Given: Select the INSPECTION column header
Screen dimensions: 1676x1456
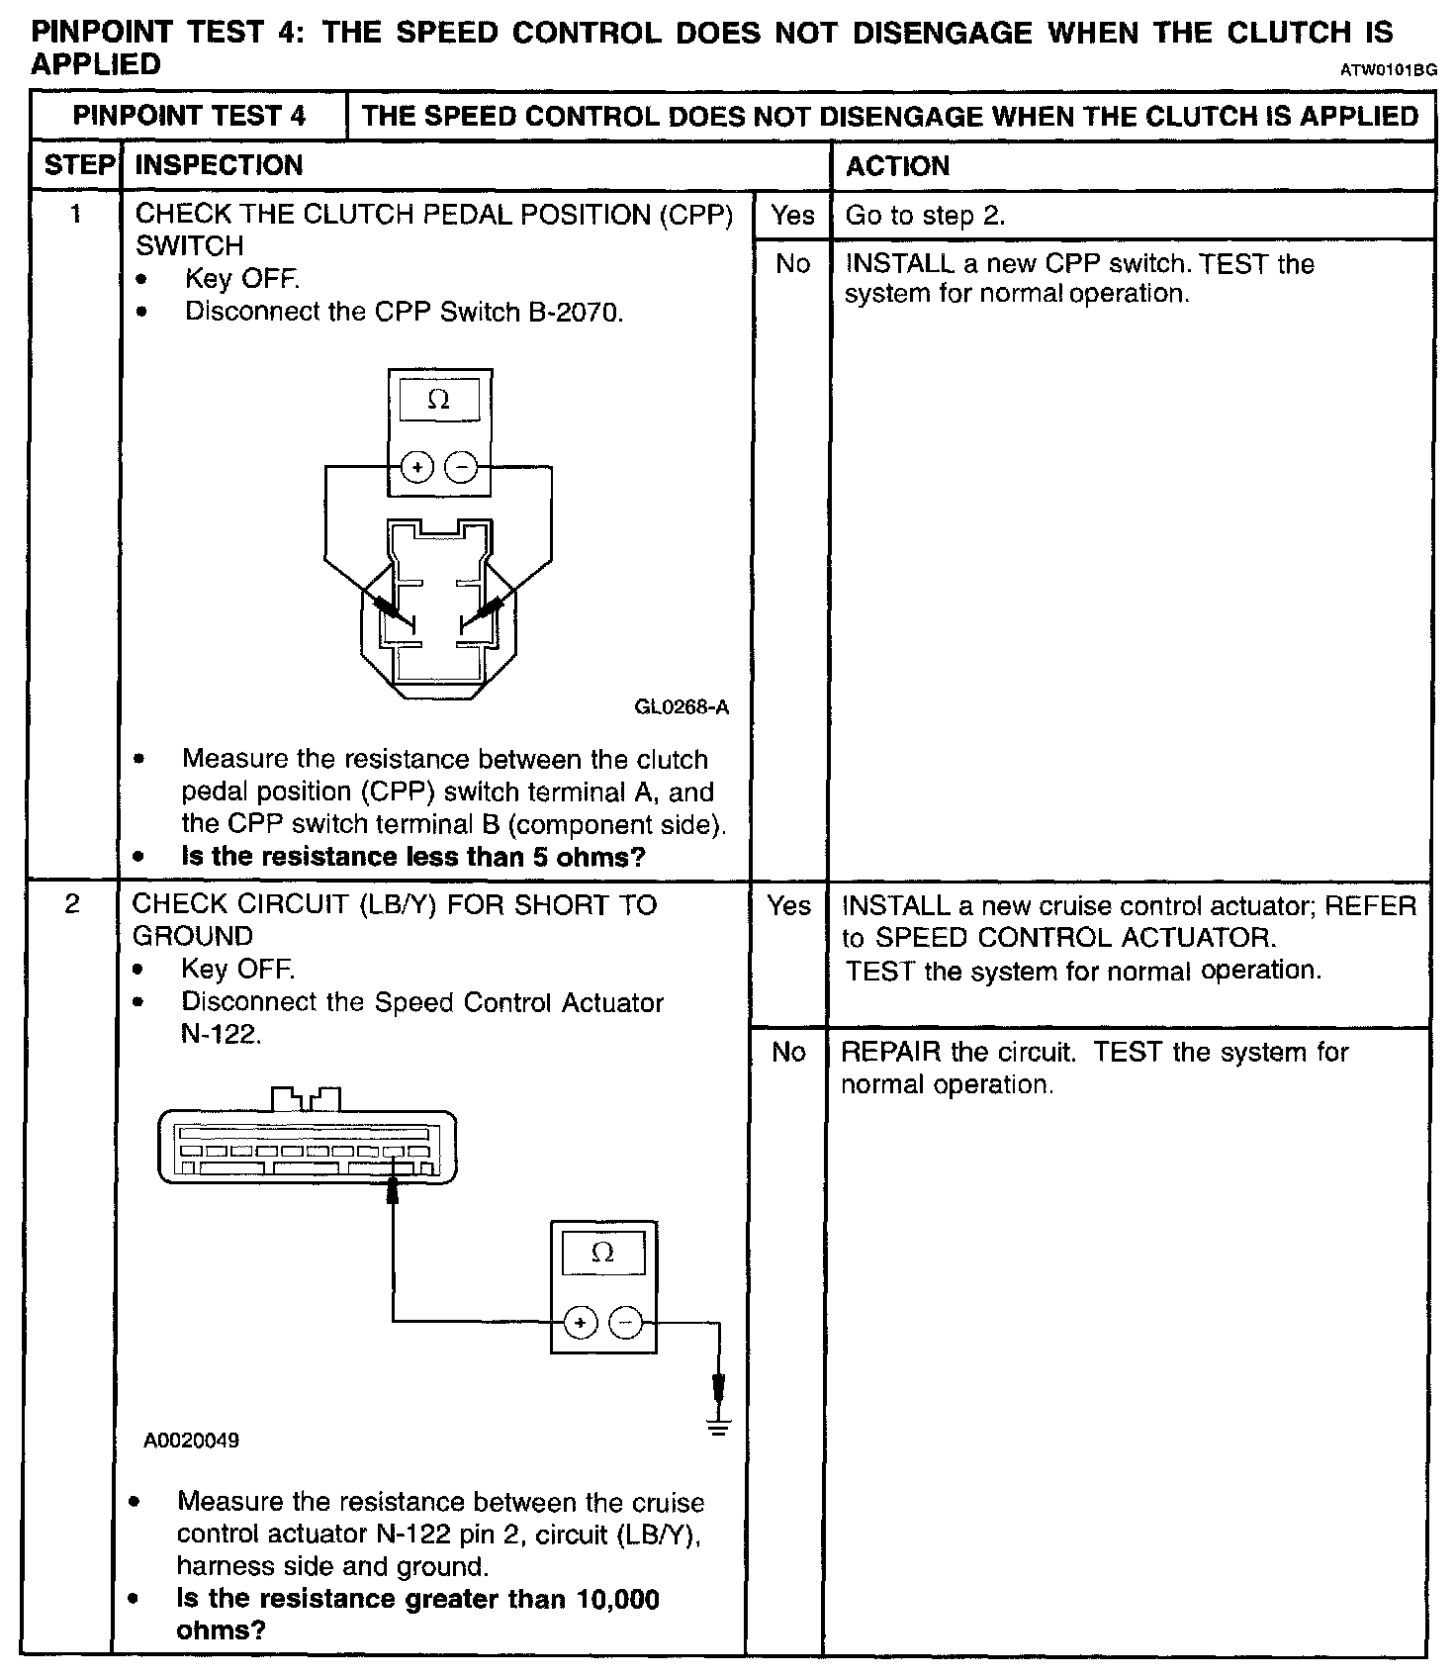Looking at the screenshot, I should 219,165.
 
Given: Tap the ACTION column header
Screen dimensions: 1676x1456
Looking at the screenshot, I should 897,166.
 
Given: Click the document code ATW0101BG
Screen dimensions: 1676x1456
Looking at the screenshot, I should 1388,70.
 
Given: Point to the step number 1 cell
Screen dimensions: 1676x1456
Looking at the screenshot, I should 76,215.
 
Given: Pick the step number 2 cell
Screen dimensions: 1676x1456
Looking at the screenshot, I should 72,904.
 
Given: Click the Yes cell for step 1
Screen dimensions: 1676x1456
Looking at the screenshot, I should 792,216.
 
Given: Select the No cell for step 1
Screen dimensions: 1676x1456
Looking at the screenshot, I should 792,264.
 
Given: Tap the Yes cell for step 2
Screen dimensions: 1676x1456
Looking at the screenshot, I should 788,906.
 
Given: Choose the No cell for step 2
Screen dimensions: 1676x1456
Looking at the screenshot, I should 788,1052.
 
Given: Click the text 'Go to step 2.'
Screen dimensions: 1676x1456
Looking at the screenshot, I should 925,216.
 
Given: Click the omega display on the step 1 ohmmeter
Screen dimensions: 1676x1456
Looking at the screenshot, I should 439,401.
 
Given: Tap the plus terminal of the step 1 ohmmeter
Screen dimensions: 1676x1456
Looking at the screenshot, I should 417,466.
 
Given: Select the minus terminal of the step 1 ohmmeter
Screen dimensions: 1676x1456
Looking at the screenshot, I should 461,466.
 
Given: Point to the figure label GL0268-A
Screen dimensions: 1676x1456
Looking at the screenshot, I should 682,707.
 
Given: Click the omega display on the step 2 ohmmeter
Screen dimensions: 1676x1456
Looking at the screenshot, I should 602,1255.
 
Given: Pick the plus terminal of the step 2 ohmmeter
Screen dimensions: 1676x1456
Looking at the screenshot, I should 581,1322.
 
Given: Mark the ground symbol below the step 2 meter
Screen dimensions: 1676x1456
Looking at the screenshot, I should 719,1427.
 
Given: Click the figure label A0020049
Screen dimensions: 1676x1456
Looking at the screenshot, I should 192,1441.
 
